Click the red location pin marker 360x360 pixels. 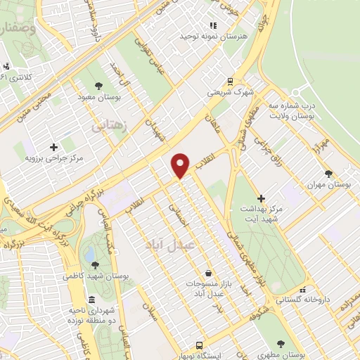click(x=181, y=165)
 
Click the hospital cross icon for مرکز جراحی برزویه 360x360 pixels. click(x=54, y=146)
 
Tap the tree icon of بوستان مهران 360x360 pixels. click(x=329, y=173)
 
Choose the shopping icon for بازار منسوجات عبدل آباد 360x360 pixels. click(x=207, y=273)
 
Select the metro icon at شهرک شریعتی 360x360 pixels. click(x=230, y=81)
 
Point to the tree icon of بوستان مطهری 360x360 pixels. click(x=281, y=345)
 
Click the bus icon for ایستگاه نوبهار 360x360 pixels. click(x=200, y=345)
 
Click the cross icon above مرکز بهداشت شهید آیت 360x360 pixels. click(x=261, y=199)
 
